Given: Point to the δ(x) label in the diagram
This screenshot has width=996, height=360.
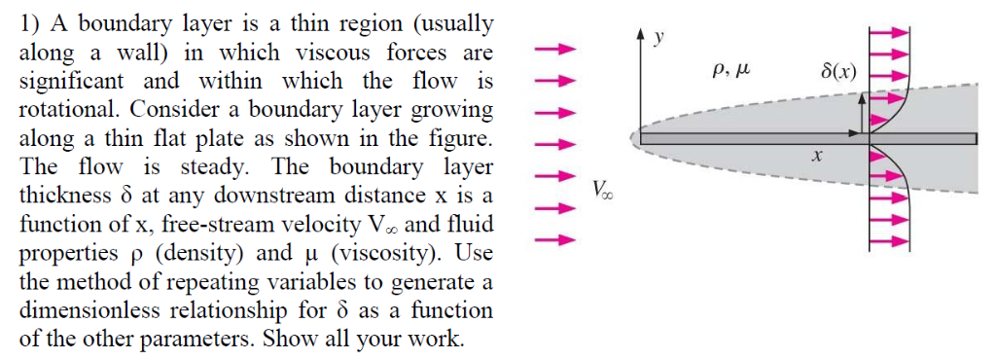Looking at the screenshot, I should click(x=838, y=72).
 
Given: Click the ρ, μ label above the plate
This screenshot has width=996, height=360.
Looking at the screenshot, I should click(x=730, y=70).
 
